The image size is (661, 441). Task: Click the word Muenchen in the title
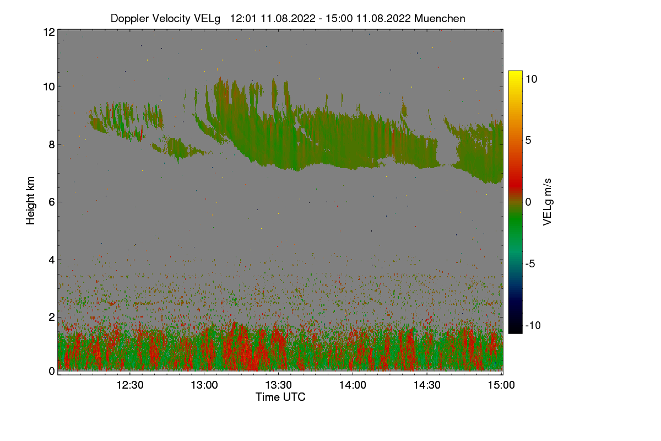[440, 18]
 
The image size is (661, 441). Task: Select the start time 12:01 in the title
[242, 18]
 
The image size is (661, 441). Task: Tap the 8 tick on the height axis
[51, 144]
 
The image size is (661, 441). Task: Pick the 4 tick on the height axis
[51, 259]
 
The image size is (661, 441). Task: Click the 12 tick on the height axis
[48, 32]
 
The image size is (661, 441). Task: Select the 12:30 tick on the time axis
[130, 385]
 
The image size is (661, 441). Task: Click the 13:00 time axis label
[204, 385]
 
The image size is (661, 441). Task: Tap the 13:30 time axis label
[279, 385]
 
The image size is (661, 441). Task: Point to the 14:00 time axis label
[353, 385]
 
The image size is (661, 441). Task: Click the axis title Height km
[30, 201]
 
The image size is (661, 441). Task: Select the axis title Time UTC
[280, 397]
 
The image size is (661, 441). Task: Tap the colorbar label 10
[531, 79]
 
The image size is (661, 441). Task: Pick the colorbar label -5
[530, 263]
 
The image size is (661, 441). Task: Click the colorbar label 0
[528, 202]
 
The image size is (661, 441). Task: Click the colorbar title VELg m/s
[547, 202]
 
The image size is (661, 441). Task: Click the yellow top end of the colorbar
[515, 74]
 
